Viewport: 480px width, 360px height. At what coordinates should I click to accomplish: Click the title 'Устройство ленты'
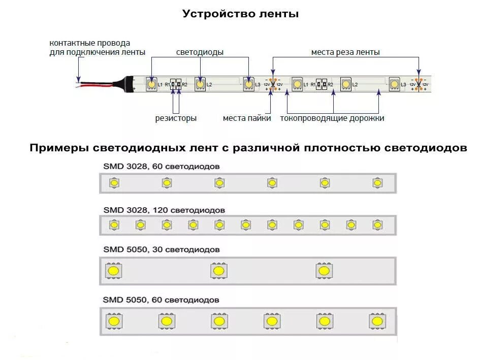tap(240, 14)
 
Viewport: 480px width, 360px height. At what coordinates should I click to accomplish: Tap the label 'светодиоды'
tap(200, 52)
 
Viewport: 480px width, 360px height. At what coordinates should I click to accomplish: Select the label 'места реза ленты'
tap(345, 52)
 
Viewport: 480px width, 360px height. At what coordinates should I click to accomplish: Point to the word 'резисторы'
tap(176, 118)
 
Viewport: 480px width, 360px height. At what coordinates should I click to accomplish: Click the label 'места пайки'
tap(247, 118)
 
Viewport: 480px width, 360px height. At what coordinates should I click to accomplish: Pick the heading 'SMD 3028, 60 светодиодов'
tap(162, 166)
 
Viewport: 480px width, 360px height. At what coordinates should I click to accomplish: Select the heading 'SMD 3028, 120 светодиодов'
tap(164, 210)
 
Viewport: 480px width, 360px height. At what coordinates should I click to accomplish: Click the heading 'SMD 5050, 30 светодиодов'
tap(162, 250)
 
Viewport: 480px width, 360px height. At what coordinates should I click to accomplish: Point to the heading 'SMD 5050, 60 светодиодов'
tap(161, 300)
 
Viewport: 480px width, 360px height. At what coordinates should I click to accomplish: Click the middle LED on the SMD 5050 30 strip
tap(219, 271)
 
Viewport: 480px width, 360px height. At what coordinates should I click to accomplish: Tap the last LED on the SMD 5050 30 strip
tap(324, 271)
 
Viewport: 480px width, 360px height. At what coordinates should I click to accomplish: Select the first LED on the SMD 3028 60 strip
tap(114, 183)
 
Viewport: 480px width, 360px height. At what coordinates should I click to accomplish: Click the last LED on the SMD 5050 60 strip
tap(376, 321)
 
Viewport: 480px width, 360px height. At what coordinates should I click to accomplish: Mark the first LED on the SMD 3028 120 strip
tap(114, 224)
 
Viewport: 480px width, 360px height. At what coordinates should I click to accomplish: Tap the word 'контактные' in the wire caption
tap(68, 43)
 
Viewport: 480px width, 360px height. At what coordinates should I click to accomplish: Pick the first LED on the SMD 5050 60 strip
tap(113, 321)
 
